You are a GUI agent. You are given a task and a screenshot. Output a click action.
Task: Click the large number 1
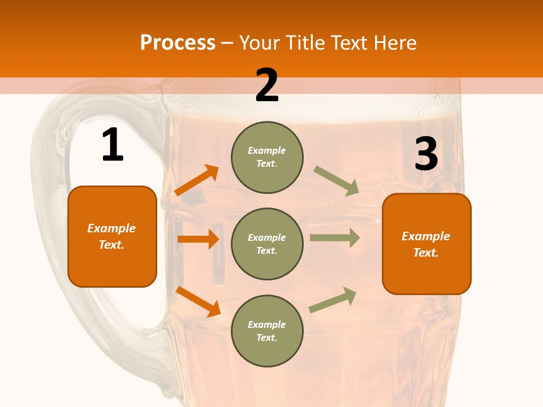click(113, 145)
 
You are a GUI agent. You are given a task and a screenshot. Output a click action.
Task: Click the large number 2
click(267, 85)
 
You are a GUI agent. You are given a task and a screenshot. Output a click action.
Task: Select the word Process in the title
click(178, 42)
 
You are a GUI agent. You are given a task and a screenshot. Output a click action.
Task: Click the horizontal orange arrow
click(198, 239)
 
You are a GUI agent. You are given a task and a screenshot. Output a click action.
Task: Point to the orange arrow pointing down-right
click(198, 301)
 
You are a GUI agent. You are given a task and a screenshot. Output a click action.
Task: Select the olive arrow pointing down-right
click(337, 181)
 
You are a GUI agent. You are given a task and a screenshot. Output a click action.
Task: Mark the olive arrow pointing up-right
click(333, 300)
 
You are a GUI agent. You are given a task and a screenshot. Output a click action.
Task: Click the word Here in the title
click(396, 42)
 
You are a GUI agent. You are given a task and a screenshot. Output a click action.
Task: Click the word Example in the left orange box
click(111, 228)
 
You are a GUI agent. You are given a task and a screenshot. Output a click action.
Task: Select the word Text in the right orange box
click(425, 253)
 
